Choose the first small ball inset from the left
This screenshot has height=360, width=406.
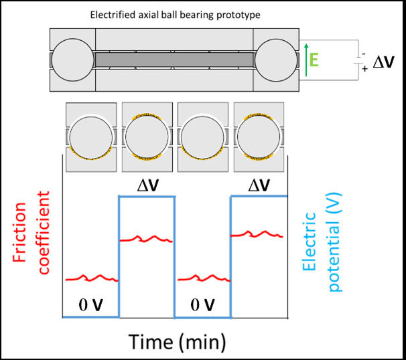click(90, 136)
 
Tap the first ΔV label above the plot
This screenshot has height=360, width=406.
click(147, 184)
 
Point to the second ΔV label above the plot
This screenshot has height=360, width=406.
click(259, 184)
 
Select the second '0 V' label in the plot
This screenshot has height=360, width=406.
click(201, 305)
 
